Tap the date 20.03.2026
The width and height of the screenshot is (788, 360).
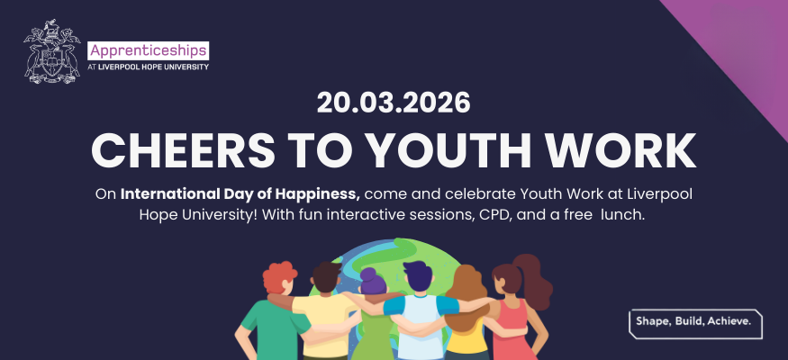point(394,103)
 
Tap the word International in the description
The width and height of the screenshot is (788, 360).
point(165,194)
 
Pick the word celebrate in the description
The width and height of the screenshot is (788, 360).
point(468,194)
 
